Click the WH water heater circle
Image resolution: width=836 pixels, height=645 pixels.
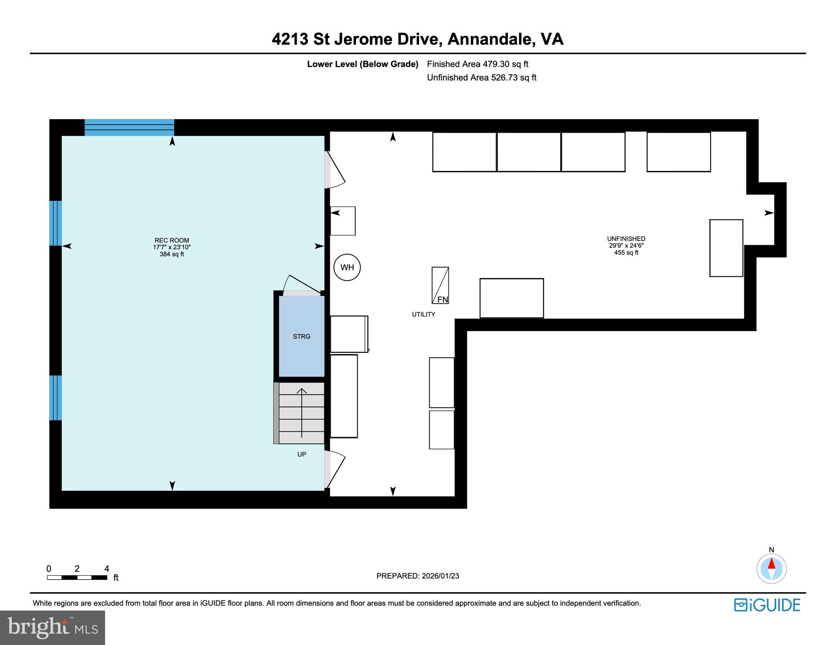[x=347, y=267]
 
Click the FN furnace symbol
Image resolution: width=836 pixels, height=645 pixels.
[x=440, y=286]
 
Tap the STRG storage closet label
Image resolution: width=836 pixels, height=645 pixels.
[x=301, y=336]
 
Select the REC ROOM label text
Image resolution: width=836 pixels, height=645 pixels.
[x=171, y=241]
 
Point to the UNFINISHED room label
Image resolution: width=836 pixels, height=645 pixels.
[x=626, y=239]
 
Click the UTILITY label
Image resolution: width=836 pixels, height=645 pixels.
[x=423, y=315]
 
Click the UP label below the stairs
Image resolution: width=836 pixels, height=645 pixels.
[x=301, y=454]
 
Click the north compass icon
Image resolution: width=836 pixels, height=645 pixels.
[x=771, y=569]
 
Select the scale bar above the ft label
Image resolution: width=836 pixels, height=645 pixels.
[x=77, y=577]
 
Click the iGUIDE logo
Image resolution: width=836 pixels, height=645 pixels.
[x=767, y=605]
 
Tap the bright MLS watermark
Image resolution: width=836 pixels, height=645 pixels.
[x=53, y=628]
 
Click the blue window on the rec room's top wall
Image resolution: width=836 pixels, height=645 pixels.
[x=129, y=127]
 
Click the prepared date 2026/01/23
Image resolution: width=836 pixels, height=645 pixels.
[x=439, y=576]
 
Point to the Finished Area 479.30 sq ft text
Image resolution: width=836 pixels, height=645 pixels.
[x=477, y=64]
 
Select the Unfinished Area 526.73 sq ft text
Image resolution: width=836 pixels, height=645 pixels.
[x=482, y=78]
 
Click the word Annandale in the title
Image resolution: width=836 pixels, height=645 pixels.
[x=491, y=39]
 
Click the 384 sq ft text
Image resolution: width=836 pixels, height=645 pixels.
[x=171, y=254]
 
